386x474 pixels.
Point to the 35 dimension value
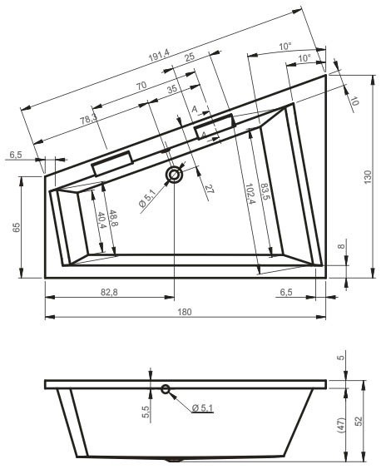coord(171,89)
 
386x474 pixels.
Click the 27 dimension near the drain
coord(209,190)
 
